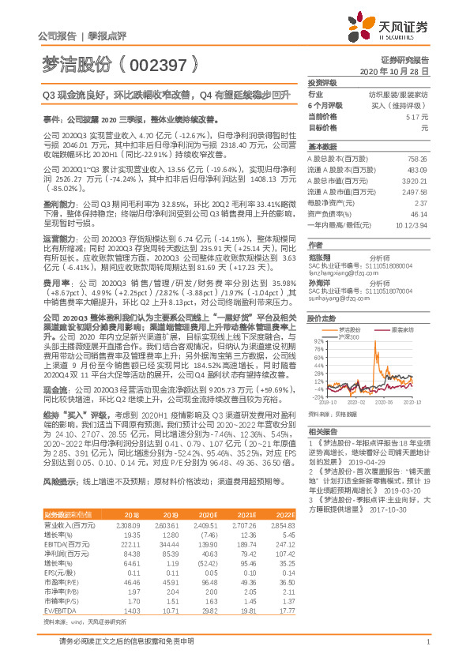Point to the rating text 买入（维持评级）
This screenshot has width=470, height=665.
(x=404, y=105)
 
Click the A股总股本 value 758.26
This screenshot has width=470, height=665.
(x=418, y=158)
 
